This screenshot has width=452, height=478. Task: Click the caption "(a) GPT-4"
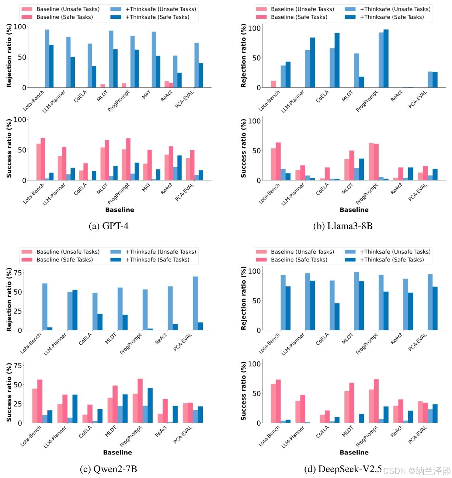coord(108,226)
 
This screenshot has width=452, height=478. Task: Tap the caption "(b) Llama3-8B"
coord(343,226)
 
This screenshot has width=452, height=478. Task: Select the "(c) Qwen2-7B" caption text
coord(108,469)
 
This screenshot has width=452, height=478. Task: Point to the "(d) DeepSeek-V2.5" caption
coord(343,469)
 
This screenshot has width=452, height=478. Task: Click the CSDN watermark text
coord(417,471)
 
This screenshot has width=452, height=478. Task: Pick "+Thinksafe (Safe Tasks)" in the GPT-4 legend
coord(157,17)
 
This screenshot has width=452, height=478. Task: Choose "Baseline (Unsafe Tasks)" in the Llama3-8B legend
coord(302,9)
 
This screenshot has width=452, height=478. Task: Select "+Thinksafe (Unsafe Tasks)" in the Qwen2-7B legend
coord(160,252)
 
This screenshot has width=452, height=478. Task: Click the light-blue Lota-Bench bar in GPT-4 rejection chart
coord(47,59)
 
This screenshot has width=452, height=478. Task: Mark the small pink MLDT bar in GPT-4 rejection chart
coord(102,86)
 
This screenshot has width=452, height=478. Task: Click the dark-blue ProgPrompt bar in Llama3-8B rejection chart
coord(386,59)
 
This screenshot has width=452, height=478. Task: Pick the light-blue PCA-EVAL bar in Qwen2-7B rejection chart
coord(195,303)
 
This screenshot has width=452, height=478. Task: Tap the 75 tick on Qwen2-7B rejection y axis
coord(17,273)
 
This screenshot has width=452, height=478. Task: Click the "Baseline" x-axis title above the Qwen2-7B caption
coord(117,452)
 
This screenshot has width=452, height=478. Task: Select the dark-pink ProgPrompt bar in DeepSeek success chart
coord(376,401)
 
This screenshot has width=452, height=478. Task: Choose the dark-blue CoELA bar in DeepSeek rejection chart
coord(337,317)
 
